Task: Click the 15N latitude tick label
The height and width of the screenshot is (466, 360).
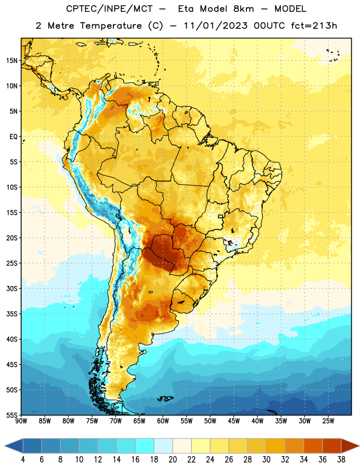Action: (12, 61)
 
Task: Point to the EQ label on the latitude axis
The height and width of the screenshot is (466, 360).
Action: (13, 137)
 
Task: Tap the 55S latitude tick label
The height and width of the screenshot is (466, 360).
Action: (12, 415)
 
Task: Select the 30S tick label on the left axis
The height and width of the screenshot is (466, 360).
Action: (12, 288)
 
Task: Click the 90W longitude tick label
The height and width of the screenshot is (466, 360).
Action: (22, 421)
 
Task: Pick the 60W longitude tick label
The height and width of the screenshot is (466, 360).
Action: (163, 421)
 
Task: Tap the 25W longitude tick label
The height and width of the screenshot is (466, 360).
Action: (328, 421)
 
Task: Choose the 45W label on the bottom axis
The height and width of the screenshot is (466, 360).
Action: (234, 421)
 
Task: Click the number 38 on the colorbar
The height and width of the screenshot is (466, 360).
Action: (341, 460)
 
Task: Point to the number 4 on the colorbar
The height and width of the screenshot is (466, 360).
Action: (23, 460)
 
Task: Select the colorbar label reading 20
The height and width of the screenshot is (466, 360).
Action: (172, 460)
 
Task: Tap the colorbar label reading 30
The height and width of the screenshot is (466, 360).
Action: (266, 460)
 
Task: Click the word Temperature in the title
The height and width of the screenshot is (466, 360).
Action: (111, 26)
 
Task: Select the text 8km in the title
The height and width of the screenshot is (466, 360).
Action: (243, 9)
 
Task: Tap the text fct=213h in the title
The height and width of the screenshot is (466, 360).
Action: (314, 26)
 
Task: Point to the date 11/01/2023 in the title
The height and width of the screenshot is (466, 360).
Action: (216, 26)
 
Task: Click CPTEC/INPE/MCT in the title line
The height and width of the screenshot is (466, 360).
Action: (110, 9)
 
